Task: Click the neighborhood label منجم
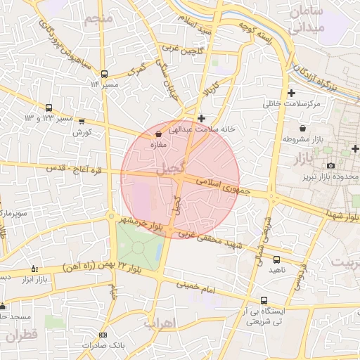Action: [x=98, y=18]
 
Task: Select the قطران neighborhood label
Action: [x=20, y=335]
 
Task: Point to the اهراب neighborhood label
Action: [x=158, y=324]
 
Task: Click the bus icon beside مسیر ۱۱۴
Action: [x=104, y=74]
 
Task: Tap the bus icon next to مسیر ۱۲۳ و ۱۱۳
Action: [x=49, y=108]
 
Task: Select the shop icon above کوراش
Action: [x=82, y=121]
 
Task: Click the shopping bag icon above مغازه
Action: [x=157, y=134]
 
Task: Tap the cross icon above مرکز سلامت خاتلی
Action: [x=291, y=93]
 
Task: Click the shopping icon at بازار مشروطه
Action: [x=302, y=128]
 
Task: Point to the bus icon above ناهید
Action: [x=276, y=259]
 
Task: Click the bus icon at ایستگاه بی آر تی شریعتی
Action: [x=264, y=300]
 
